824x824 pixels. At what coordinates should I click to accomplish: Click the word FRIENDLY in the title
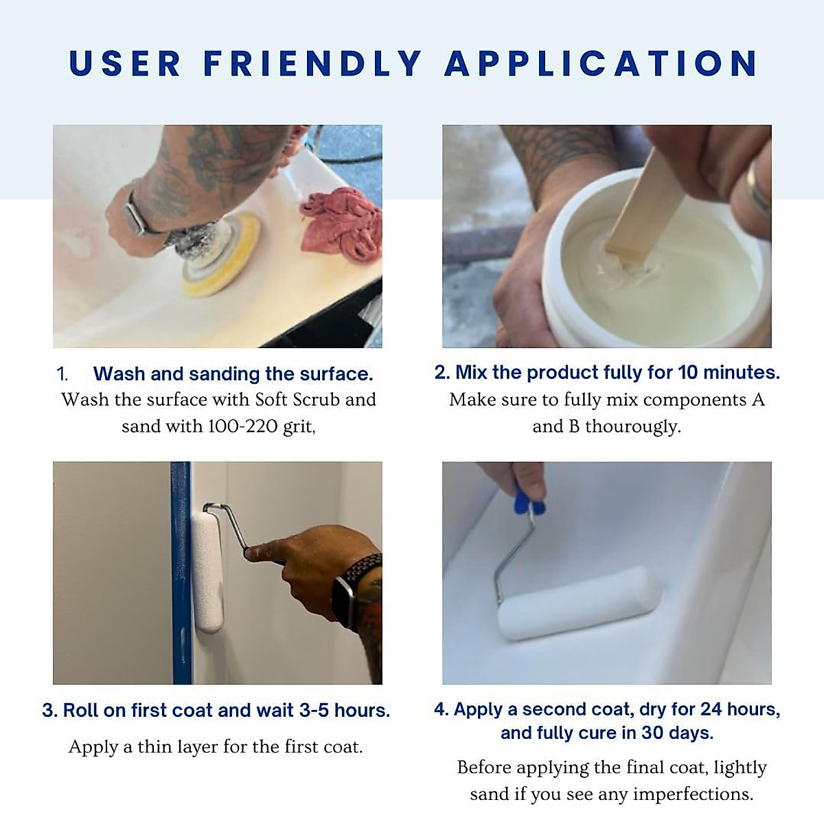312,64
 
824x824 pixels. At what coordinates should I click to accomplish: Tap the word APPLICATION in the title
601,64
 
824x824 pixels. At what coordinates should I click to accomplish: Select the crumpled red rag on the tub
341,223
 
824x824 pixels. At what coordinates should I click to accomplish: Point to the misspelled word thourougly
632,426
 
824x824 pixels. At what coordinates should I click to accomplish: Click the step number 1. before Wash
62,374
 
